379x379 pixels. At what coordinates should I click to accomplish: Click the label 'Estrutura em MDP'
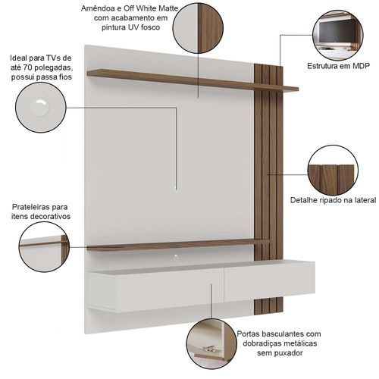(338, 66)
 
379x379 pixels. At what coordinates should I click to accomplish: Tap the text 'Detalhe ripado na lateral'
(333, 200)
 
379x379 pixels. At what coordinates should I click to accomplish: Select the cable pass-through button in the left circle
(40, 108)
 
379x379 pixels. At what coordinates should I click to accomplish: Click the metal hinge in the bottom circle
(208, 349)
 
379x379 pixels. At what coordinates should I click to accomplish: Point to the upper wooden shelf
(193, 80)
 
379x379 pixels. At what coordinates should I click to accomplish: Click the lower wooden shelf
(178, 245)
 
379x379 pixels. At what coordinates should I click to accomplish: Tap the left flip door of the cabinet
(155, 290)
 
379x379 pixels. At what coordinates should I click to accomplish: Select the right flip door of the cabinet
(269, 281)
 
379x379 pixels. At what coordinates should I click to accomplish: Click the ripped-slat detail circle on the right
(333, 170)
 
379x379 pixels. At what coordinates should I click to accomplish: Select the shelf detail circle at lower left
(44, 247)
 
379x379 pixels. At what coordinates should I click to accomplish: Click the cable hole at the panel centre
(176, 188)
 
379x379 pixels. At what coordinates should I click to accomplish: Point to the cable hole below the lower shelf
(176, 257)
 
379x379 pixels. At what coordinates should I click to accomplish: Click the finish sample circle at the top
(199, 28)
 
